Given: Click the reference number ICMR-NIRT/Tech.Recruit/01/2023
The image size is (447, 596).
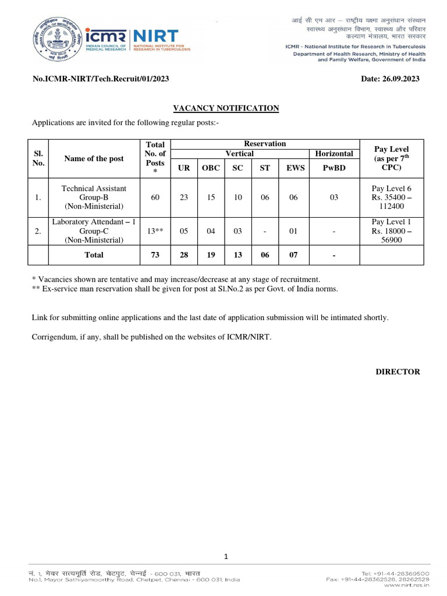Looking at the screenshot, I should tap(101, 79).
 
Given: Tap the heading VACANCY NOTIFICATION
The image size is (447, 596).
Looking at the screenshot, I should tap(226, 108).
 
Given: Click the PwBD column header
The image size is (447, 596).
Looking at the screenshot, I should tap(334, 168).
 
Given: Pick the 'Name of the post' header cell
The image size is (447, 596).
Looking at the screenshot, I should tap(94, 158).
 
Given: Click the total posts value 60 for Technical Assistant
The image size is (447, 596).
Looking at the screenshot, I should tap(155, 197).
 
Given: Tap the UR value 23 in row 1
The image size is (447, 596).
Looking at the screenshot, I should tap(184, 197).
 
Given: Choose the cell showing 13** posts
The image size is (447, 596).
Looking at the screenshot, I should tap(155, 231).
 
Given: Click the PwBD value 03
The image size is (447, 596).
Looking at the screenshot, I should tap(334, 197).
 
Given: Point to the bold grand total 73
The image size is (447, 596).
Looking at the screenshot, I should tap(155, 254).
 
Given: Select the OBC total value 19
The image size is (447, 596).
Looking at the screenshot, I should tap(210, 254).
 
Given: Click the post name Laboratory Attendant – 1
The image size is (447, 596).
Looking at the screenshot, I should tap(94, 222).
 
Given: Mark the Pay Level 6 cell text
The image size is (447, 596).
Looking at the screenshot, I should tap(391, 189).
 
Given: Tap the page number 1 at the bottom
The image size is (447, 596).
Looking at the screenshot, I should tap(226, 557).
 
